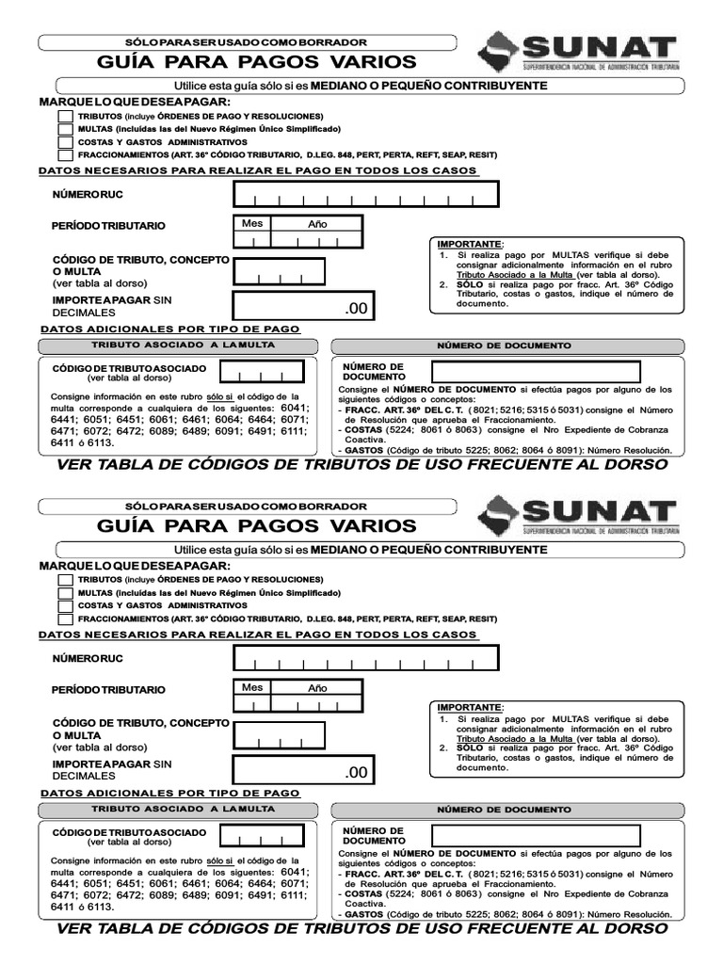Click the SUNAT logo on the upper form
point(576,55)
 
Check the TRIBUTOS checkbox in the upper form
point(65,116)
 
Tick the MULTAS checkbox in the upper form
point(65,129)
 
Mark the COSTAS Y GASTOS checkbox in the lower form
point(65,605)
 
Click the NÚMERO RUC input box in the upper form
point(366,194)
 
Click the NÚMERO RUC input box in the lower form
point(366,657)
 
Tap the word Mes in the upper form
point(252,224)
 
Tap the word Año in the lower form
point(317,688)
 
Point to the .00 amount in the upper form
point(358,309)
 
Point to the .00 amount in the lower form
point(358,773)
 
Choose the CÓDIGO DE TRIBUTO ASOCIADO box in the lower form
point(263,835)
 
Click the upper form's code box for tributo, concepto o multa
point(279,271)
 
